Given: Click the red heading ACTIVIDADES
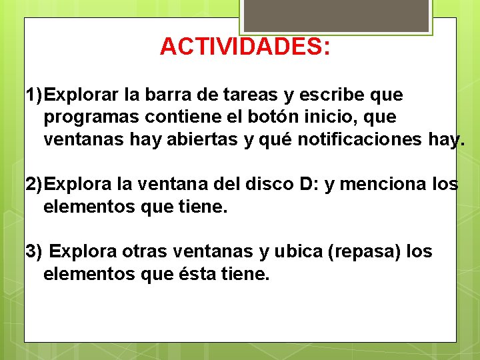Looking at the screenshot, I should [x=245, y=47].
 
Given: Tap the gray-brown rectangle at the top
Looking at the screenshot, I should [x=335, y=15].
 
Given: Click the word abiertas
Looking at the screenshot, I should [x=200, y=140].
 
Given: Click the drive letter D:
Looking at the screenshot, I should [x=307, y=185].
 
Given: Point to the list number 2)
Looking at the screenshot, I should [x=35, y=185].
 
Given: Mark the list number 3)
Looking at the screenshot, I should [x=33, y=252].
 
